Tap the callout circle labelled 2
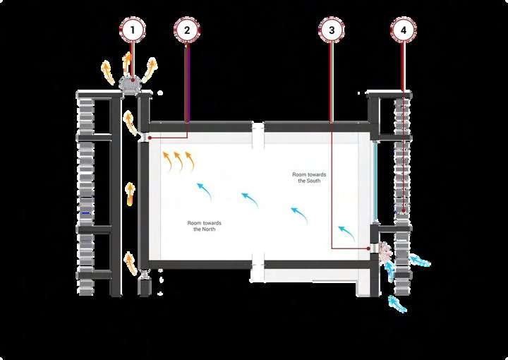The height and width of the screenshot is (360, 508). [187, 30]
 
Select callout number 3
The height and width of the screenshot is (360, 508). [332, 30]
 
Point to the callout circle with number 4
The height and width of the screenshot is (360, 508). [403, 30]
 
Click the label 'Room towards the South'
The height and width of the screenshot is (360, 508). [309, 177]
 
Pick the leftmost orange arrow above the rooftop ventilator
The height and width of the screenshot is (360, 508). [108, 71]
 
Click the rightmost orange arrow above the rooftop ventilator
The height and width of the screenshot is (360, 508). [152, 68]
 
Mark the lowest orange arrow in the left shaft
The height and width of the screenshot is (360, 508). [131, 265]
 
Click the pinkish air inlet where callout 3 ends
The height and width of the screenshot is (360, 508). [385, 250]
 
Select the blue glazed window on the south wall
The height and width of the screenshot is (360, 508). [375, 180]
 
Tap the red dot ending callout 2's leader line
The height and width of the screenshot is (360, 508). [150, 137]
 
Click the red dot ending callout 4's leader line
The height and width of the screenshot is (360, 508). [403, 210]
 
